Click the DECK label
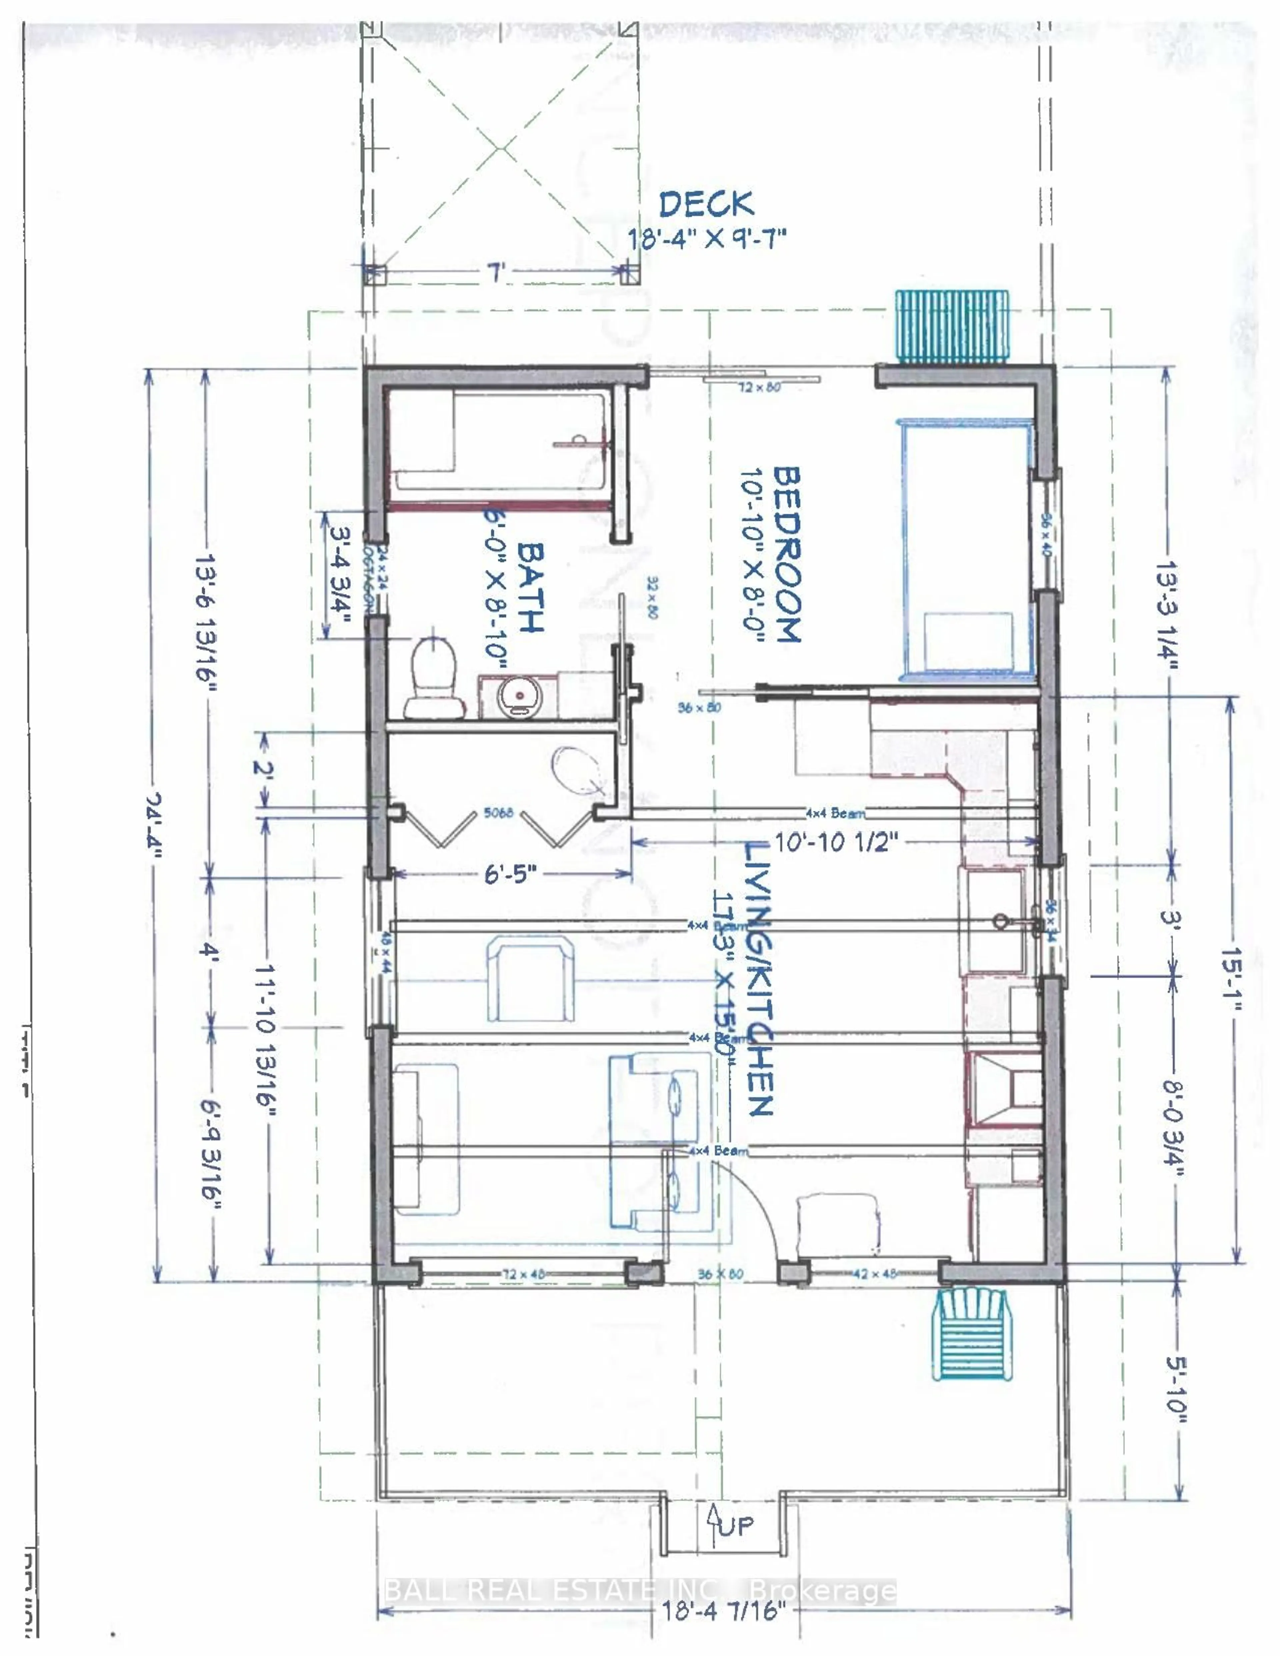tap(706, 205)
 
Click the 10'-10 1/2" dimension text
tap(836, 842)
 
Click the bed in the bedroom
tap(967, 550)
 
